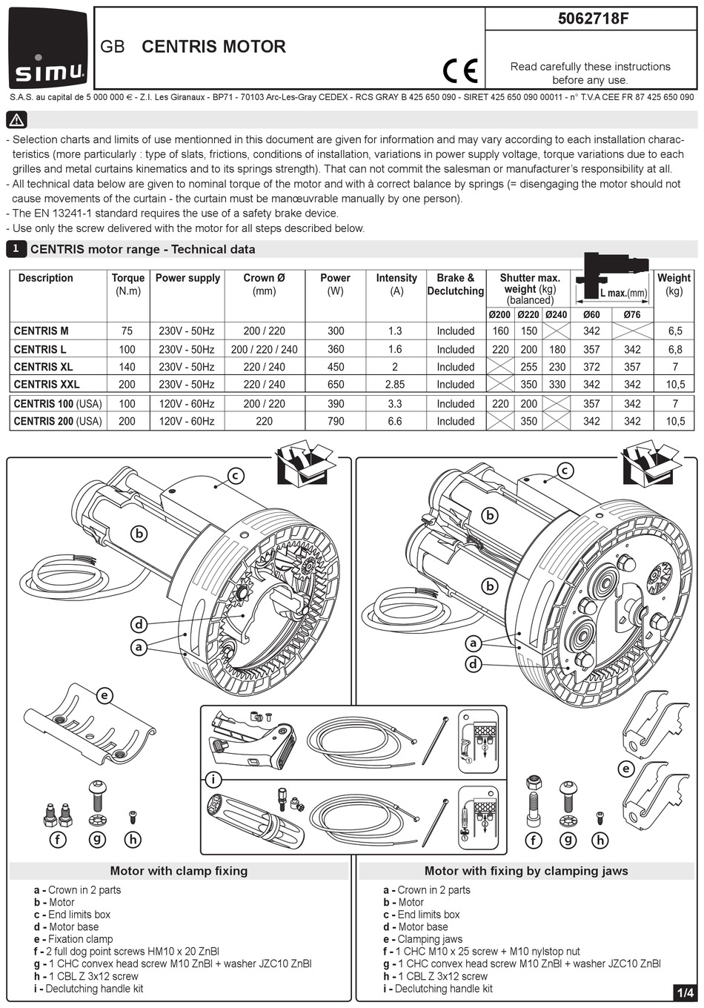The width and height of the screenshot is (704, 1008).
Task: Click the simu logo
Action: (x=48, y=49)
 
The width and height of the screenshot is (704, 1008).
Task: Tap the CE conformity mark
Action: (x=460, y=71)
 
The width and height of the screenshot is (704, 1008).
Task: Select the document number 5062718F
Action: (x=592, y=19)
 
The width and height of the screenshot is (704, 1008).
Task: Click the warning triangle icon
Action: (x=17, y=119)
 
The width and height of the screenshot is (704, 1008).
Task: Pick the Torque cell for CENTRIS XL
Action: (x=127, y=367)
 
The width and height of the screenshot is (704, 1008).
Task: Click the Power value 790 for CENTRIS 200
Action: (x=336, y=421)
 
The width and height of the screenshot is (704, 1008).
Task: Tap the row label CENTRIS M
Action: (x=41, y=331)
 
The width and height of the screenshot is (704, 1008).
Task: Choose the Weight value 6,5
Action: (x=674, y=331)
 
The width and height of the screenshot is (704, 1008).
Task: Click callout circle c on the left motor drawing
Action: (x=236, y=476)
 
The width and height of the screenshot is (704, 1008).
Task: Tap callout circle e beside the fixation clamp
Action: (x=105, y=695)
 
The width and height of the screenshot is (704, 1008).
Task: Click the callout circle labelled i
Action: (x=213, y=779)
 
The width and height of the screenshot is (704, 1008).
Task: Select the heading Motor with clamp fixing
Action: (x=179, y=871)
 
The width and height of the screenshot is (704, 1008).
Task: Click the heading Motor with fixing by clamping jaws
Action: (x=525, y=871)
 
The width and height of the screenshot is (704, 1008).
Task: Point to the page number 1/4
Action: (x=685, y=992)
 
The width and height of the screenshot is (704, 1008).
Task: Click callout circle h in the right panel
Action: (x=600, y=840)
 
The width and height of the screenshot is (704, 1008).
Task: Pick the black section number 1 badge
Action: (x=16, y=249)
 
